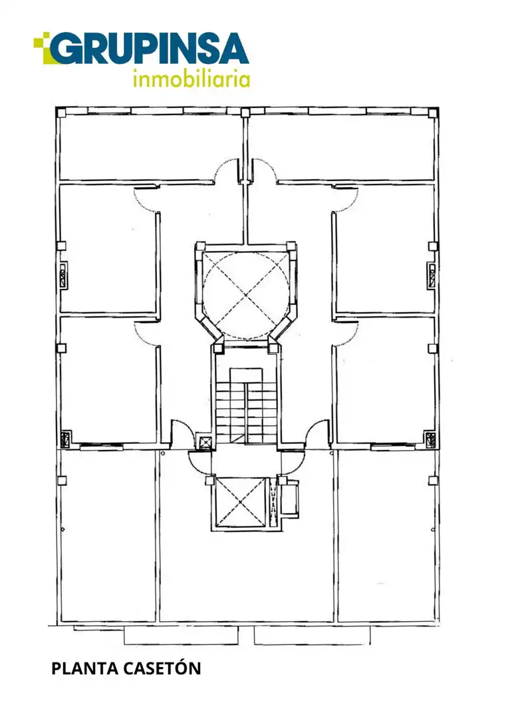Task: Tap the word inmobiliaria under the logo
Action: tap(191, 79)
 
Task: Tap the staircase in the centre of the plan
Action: tap(246, 403)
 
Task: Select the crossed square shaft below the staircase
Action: tap(240, 503)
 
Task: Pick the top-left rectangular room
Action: tap(150, 146)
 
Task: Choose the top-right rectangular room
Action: tap(341, 146)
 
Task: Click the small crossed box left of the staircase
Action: tap(204, 441)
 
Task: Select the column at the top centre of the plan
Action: tap(245, 113)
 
